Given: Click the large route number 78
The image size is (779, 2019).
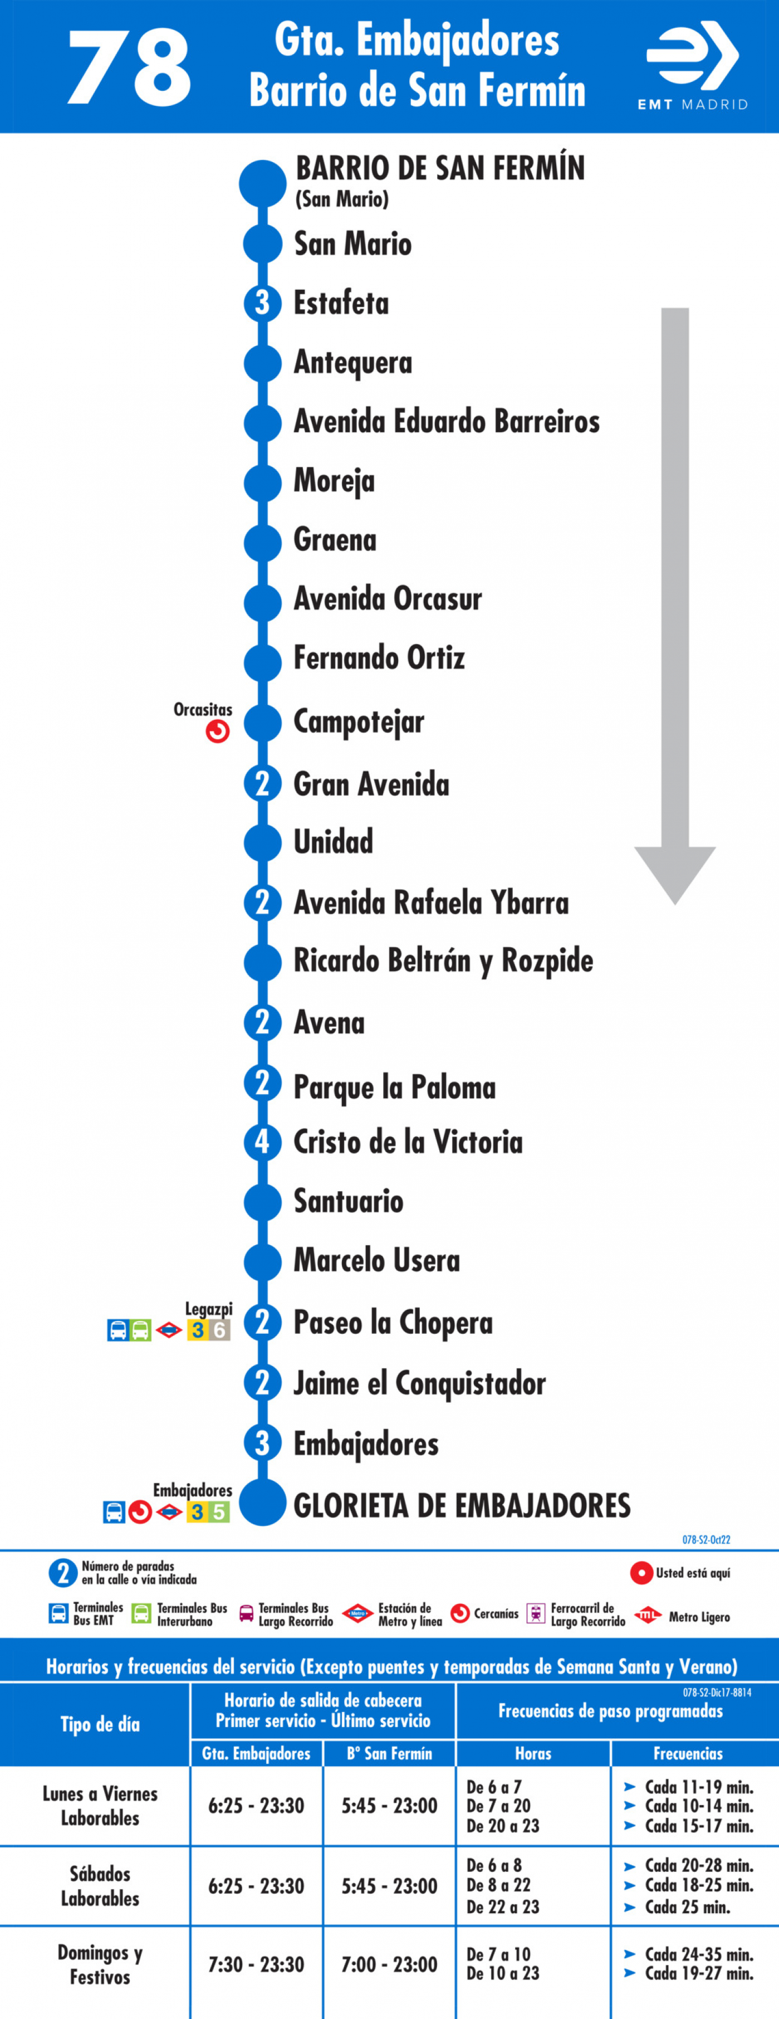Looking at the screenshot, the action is click(129, 68).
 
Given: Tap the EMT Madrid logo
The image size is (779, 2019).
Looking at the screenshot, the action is click(693, 66).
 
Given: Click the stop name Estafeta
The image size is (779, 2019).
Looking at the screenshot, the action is click(341, 303).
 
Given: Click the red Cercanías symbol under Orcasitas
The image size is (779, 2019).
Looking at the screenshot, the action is click(218, 731).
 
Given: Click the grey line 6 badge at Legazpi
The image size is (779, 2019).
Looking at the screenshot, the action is click(219, 1330).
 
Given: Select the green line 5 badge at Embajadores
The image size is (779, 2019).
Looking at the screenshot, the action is click(219, 1512).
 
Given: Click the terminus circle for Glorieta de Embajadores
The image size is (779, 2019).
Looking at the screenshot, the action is click(262, 1503).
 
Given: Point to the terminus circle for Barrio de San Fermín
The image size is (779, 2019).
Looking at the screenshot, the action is click(262, 183).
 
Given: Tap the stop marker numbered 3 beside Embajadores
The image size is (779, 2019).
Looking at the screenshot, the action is click(262, 1443).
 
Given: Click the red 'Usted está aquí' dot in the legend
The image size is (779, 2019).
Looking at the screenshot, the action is click(641, 1573).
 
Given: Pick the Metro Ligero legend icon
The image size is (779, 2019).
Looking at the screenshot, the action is click(648, 1615).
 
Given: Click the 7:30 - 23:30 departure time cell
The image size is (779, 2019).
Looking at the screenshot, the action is click(256, 1965).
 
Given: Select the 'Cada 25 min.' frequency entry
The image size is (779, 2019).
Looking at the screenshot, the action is click(687, 1907).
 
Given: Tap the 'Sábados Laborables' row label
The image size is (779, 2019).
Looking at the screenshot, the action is click(100, 1886).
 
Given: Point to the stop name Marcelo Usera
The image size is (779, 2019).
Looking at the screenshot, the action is click(377, 1260).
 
